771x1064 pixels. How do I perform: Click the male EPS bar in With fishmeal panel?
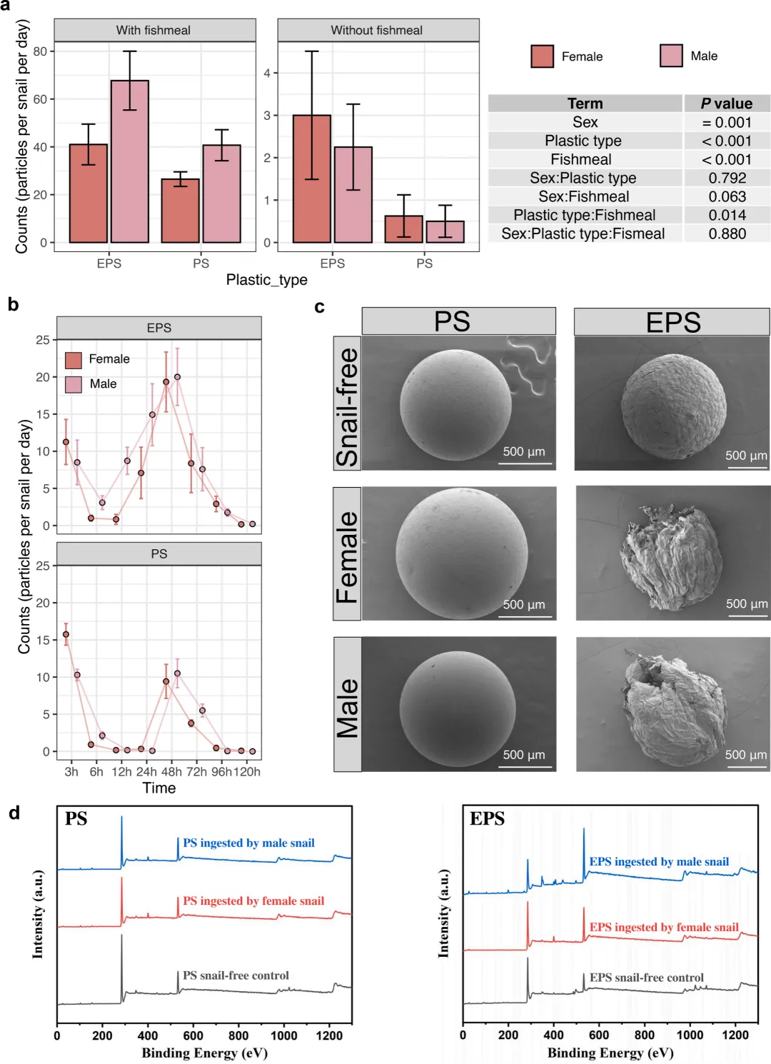130,161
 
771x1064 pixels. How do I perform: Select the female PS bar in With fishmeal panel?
180,211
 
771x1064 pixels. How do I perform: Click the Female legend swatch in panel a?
543,56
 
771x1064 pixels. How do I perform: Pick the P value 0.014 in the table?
727,215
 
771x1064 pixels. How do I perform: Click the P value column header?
727,104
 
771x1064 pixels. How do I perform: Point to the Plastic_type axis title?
266,280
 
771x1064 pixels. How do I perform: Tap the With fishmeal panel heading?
153,30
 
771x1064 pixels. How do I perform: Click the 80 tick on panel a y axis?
40,51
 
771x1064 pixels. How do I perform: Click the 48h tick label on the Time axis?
171,772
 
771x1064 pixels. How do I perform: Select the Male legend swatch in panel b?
74,384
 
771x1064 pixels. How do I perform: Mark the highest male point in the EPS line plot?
177,377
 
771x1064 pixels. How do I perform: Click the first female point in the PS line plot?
66,634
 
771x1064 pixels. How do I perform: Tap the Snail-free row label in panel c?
347,404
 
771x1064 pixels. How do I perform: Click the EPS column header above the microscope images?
672,322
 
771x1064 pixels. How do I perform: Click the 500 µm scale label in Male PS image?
523,755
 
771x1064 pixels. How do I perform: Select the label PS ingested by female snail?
253,901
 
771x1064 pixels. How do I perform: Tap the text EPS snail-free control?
646,978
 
